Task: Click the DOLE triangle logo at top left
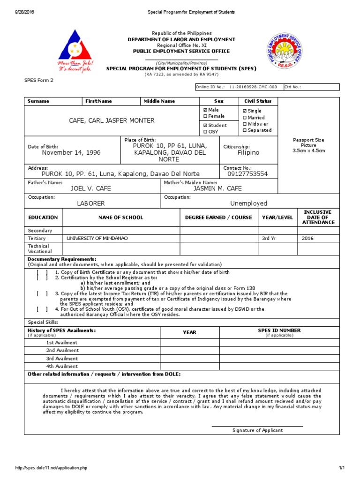(76, 51)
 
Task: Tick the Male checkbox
(205, 110)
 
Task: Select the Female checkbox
(205, 116)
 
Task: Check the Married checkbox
(244, 118)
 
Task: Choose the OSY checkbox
(205, 132)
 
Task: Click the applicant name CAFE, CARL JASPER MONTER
(112, 121)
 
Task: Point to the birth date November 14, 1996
(71, 153)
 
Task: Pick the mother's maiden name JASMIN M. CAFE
(217, 188)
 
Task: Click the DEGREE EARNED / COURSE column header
(218, 217)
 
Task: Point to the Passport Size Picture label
(308, 145)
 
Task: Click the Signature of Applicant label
(258, 430)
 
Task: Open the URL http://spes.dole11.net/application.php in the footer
(52, 468)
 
